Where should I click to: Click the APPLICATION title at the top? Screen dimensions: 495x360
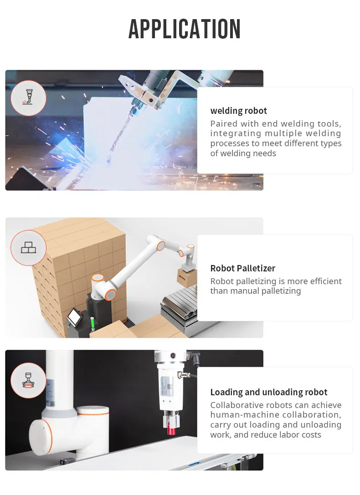point(185,29)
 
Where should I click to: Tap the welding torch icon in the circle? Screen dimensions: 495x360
point(28,98)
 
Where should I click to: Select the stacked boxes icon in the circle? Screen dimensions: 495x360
point(28,248)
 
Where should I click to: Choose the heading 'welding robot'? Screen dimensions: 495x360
point(238,111)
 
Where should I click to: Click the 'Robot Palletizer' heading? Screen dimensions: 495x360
point(242,268)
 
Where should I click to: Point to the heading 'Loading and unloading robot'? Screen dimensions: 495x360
point(269,392)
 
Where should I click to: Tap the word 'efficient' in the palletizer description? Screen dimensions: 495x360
point(321,281)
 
